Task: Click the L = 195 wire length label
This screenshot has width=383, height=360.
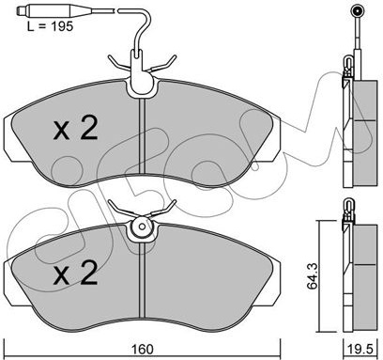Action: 51,26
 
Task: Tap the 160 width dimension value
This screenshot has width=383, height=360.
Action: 143,350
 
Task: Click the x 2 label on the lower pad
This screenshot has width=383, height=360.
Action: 75,273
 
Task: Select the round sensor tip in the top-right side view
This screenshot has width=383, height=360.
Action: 358,11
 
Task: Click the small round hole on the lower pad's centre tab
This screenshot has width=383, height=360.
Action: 143,227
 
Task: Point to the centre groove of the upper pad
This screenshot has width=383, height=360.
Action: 143,135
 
